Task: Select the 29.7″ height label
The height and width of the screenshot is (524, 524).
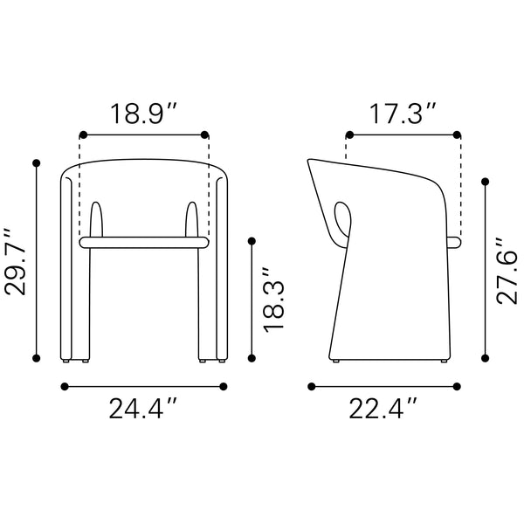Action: click(17, 261)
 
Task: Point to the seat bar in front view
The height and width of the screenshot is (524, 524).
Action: click(144, 239)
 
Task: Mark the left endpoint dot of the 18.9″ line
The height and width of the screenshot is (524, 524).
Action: click(83, 134)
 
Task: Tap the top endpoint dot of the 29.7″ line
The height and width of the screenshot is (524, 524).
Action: click(37, 162)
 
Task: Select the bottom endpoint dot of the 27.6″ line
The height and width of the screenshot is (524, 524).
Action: click(486, 356)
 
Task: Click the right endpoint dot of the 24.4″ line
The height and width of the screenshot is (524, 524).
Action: click(224, 385)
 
